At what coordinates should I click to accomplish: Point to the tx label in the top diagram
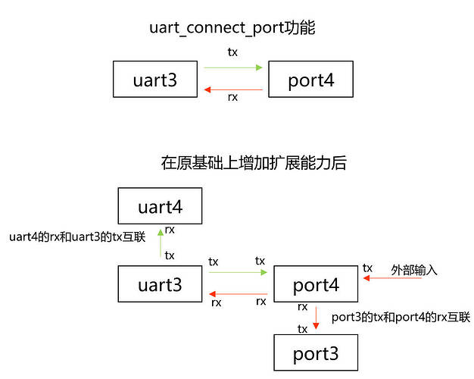(x=232, y=53)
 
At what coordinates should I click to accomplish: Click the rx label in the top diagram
(x=232, y=97)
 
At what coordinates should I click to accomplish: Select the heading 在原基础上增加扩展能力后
(x=254, y=163)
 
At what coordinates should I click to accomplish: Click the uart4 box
(x=160, y=206)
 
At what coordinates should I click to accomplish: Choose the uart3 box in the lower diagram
(x=160, y=285)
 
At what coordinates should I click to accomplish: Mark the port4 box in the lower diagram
(x=315, y=286)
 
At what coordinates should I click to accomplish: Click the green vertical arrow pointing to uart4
(x=160, y=244)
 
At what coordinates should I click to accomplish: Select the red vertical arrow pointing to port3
(x=315, y=317)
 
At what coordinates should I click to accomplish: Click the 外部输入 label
(x=414, y=269)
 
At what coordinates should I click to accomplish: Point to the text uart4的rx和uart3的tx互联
(x=76, y=236)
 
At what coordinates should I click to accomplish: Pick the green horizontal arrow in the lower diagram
(x=238, y=272)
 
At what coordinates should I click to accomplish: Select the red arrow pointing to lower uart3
(x=238, y=294)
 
